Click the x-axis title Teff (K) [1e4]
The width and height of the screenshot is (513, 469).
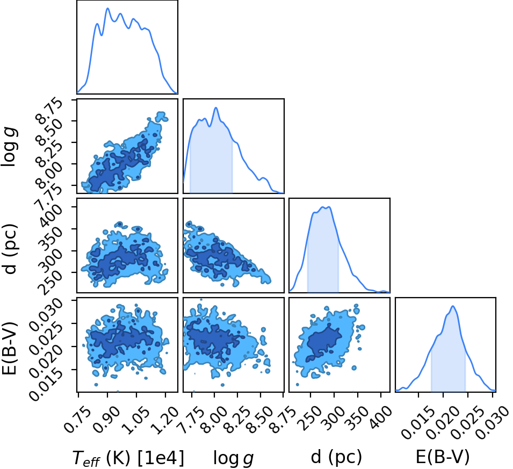point(128,457)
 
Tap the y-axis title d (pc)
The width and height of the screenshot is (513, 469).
point(9,249)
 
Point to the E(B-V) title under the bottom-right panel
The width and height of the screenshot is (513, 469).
point(443,457)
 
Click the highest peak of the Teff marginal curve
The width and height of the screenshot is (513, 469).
point(107,8)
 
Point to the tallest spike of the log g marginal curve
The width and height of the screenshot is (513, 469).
point(216,107)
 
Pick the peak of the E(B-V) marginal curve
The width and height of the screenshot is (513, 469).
point(453,306)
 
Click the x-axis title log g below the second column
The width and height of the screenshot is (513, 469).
point(233,458)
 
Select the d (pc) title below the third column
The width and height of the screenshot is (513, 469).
point(336,457)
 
